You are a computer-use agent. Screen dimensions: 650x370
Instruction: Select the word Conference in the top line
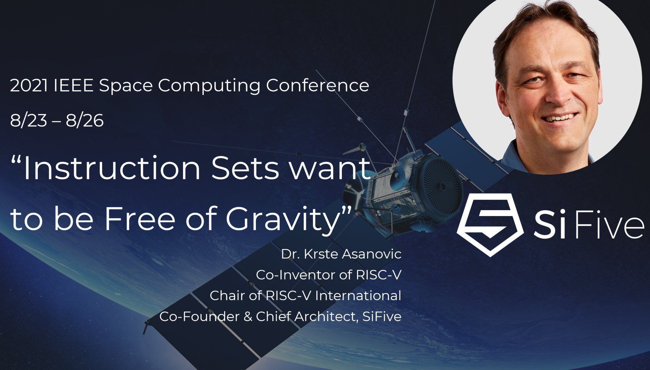[317, 86]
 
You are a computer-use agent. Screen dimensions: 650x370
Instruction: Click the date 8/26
[85, 121]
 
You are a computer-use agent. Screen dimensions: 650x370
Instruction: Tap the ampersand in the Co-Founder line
[247, 317]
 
